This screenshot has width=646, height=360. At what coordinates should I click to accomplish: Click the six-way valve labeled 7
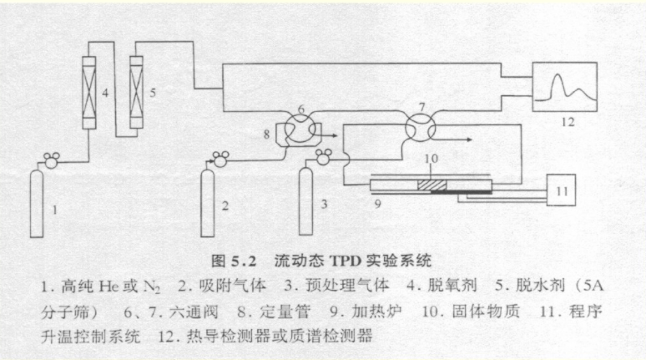pos(417,129)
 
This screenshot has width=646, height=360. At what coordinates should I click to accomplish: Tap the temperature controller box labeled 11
pos(563,191)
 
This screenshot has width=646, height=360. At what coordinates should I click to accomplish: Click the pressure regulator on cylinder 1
pos(53,156)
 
